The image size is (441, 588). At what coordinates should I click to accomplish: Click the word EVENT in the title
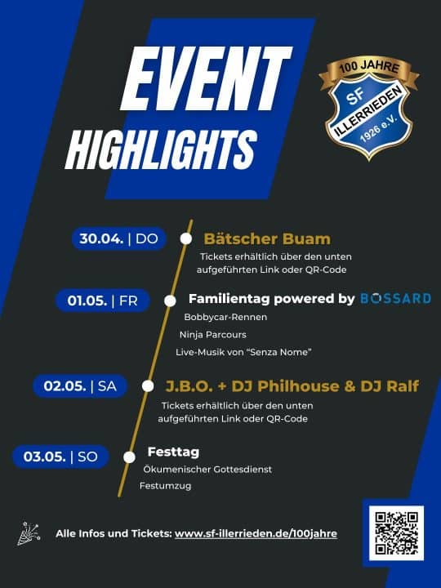pyautogui.click(x=206, y=79)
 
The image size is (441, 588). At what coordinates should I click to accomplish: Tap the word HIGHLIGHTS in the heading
pyautogui.click(x=161, y=149)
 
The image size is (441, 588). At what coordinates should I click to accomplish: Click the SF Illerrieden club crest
pyautogui.click(x=369, y=109)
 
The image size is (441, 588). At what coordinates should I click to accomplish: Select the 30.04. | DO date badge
pyautogui.click(x=119, y=238)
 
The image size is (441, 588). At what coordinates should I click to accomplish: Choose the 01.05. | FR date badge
pyautogui.click(x=103, y=301)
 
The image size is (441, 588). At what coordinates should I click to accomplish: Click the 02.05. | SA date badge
pyautogui.click(x=80, y=385)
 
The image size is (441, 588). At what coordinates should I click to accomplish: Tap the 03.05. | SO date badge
pyautogui.click(x=60, y=457)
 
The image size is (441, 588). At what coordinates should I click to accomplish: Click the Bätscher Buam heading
pyautogui.click(x=267, y=238)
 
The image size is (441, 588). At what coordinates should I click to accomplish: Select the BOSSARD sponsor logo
pyautogui.click(x=395, y=299)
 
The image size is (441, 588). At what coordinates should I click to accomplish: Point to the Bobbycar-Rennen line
pyautogui.click(x=225, y=317)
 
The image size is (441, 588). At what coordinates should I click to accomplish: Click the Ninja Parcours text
pyautogui.click(x=212, y=335)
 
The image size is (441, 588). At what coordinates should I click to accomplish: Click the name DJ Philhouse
pyautogui.click(x=285, y=386)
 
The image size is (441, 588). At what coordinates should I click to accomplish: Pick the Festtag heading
pyautogui.click(x=173, y=452)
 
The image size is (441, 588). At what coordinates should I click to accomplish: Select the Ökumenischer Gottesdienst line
pyautogui.click(x=207, y=469)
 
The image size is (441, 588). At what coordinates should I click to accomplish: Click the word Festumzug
pyautogui.click(x=165, y=486)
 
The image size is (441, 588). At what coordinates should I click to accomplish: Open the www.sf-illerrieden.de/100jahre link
pyautogui.click(x=256, y=533)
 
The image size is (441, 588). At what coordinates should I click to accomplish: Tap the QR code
pyautogui.click(x=397, y=533)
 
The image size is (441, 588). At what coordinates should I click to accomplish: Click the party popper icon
pyautogui.click(x=29, y=533)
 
